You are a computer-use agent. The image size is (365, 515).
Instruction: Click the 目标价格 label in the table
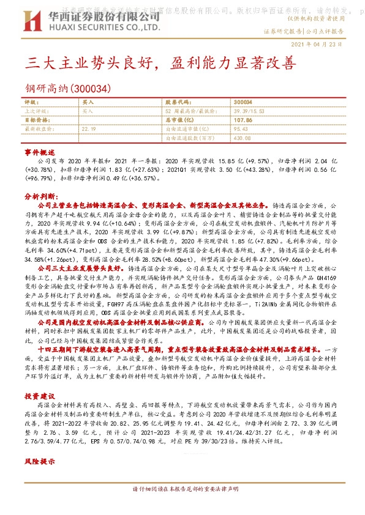point(37,120)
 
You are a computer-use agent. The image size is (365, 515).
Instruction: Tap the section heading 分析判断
point(41,196)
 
